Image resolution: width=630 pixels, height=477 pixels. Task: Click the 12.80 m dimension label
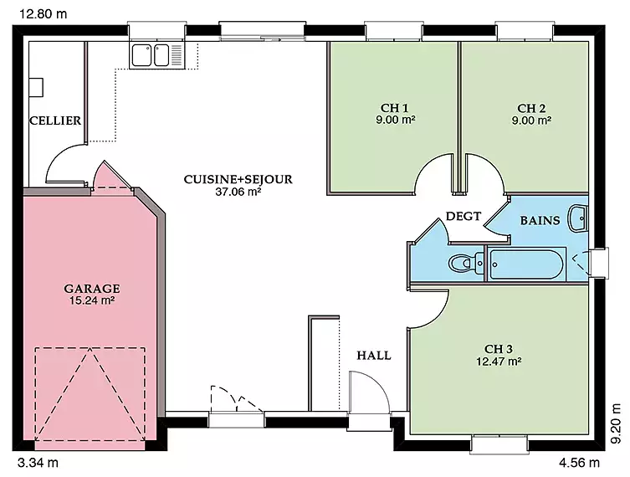[44, 14]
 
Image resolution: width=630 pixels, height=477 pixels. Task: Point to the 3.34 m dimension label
[38, 463]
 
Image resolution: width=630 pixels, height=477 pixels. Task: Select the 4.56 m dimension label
[579, 463]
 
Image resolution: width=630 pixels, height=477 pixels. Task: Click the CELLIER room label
[55, 121]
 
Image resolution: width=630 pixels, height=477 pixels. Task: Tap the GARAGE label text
[91, 289]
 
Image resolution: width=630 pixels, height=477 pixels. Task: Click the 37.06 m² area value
[238, 192]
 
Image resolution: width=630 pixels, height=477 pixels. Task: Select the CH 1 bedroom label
[395, 108]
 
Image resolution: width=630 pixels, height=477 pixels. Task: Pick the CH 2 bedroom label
[531, 108]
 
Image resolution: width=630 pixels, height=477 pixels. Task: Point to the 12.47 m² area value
[499, 362]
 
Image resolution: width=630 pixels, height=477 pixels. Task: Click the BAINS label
[540, 220]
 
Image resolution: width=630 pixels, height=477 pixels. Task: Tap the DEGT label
[464, 216]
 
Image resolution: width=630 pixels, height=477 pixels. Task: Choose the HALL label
[374, 355]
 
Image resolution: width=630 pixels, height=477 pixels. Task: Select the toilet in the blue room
[466, 264]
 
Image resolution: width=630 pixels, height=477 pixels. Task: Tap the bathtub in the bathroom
[526, 264]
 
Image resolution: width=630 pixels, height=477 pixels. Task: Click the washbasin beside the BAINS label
[578, 218]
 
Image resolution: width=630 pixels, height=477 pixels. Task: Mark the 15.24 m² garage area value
[92, 300]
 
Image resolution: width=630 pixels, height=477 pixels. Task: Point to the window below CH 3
[499, 444]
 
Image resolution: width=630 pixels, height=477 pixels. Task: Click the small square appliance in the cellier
[36, 87]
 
